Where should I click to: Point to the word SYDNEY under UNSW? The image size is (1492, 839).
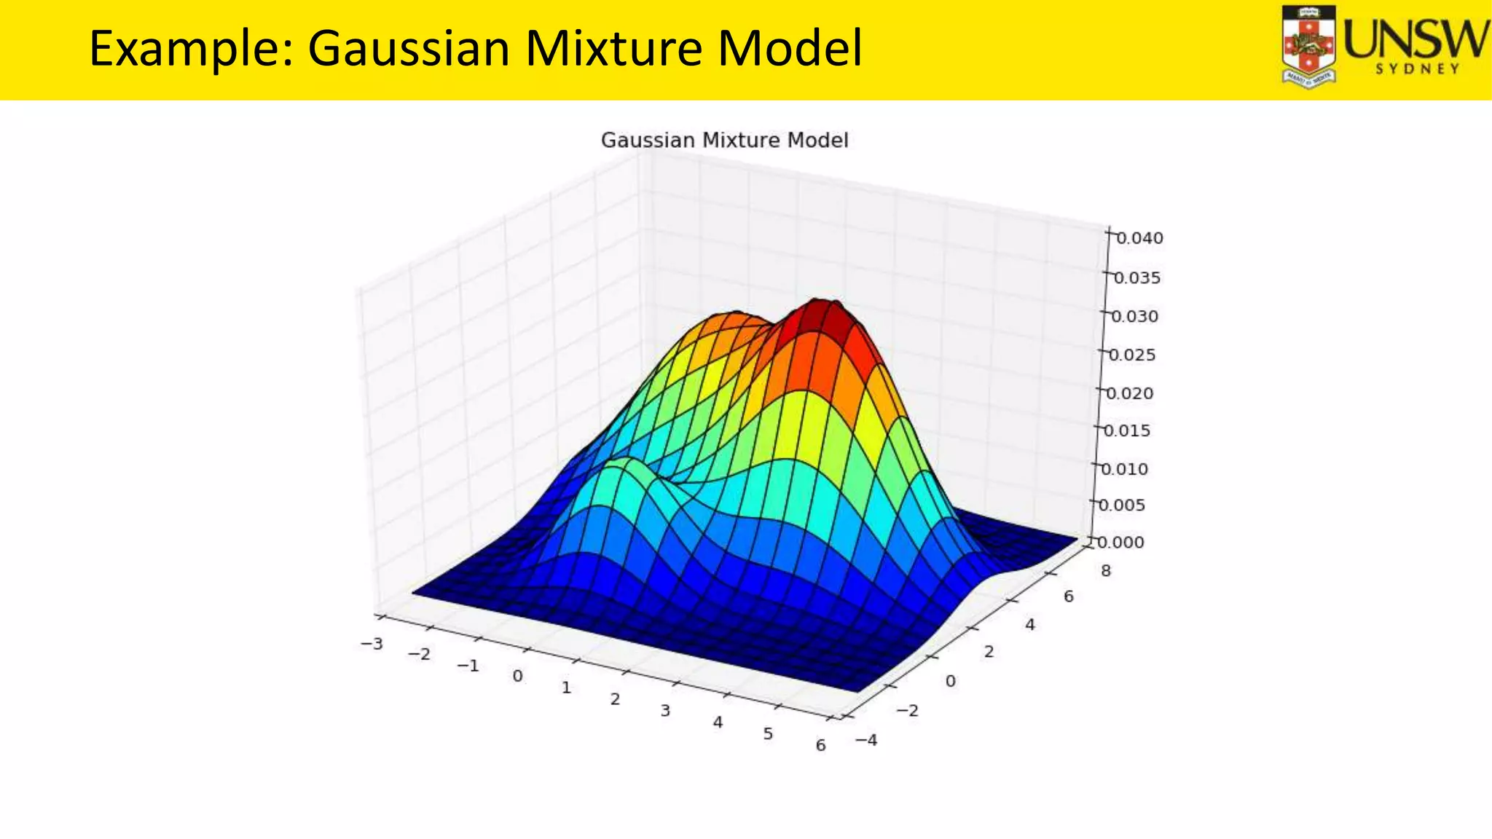(1417, 69)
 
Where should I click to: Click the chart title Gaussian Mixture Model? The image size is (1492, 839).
(724, 141)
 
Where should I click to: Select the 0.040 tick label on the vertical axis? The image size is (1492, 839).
(1139, 238)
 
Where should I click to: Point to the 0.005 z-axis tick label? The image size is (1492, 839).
(1121, 505)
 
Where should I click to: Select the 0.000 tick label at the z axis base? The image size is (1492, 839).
(1120, 543)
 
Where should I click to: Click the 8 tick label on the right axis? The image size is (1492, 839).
(1106, 571)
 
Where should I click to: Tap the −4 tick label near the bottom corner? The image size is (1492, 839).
(866, 741)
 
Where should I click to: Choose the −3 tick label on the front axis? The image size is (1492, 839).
(372, 644)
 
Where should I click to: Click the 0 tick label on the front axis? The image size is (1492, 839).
(517, 677)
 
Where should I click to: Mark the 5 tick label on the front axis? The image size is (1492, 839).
(768, 734)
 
